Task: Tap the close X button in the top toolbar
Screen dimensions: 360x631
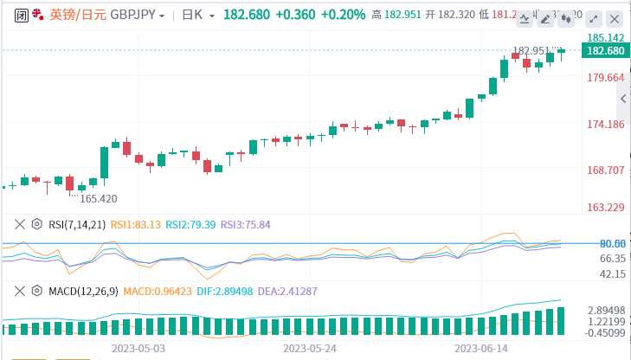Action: click(613, 18)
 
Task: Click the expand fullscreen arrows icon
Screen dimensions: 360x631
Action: click(593, 18)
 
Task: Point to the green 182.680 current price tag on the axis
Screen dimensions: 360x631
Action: click(606, 51)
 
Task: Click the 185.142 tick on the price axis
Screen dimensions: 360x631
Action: click(606, 37)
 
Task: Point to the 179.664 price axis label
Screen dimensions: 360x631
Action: click(606, 78)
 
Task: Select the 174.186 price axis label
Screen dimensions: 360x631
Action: click(606, 125)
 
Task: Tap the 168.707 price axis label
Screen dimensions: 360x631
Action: click(606, 170)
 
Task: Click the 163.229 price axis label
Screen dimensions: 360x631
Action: click(606, 207)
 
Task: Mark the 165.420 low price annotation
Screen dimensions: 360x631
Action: click(98, 198)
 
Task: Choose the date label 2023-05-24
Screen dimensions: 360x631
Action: click(309, 347)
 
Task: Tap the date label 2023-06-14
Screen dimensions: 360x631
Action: click(480, 347)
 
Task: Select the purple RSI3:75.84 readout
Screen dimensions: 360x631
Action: click(246, 224)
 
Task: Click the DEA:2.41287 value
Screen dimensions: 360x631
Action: click(293, 291)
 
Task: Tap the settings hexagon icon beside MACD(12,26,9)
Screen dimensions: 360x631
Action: click(36, 291)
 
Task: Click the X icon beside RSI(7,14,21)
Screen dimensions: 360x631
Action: click(19, 224)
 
